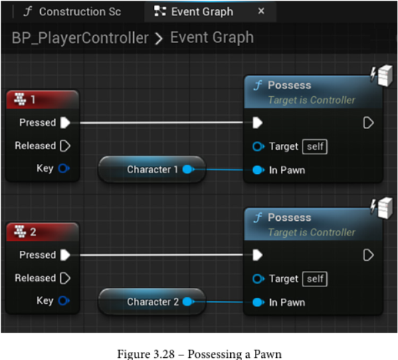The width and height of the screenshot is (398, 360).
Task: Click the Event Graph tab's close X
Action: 261,11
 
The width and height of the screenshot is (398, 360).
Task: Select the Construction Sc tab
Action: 72,11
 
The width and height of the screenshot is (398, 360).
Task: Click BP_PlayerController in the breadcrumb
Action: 80,38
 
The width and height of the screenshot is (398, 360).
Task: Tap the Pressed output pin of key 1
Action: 66,122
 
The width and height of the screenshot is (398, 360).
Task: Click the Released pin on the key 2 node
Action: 66,278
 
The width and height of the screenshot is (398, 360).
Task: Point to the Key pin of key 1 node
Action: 64,169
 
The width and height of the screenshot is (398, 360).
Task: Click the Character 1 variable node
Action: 152,169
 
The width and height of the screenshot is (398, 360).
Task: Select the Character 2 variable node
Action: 152,302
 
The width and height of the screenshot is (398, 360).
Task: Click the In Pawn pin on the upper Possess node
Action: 258,170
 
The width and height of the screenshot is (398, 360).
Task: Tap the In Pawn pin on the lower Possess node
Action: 258,302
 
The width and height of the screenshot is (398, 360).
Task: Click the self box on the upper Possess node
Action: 315,147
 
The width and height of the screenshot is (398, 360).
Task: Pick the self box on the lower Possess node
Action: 315,279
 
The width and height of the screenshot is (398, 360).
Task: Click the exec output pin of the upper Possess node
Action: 369,123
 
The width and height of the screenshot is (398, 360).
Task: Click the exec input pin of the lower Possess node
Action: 258,255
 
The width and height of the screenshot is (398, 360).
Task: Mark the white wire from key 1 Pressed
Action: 161,122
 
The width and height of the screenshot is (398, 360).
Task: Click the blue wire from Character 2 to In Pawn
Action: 223,302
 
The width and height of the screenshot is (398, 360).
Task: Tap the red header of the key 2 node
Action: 42,232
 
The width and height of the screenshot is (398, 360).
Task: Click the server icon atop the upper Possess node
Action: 382,76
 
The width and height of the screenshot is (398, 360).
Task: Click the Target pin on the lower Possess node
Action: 258,279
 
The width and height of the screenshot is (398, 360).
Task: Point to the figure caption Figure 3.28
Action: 199,354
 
